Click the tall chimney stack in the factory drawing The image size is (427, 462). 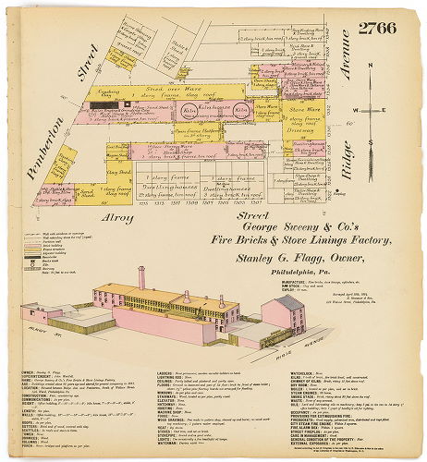click(140, 278)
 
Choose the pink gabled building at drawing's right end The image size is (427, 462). click(282, 316)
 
